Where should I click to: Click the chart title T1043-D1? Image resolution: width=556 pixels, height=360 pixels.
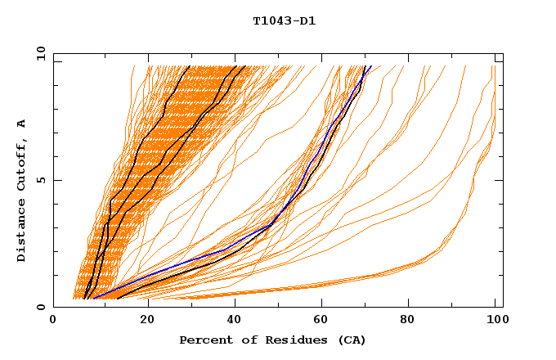pos(284,21)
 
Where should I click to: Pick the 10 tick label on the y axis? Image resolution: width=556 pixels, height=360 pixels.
pos(40,53)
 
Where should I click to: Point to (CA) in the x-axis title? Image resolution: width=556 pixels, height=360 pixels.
pos(352,340)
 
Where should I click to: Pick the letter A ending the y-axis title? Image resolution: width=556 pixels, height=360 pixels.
pos(21,123)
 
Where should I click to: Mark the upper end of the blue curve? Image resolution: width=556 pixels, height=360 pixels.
pos(371,66)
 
